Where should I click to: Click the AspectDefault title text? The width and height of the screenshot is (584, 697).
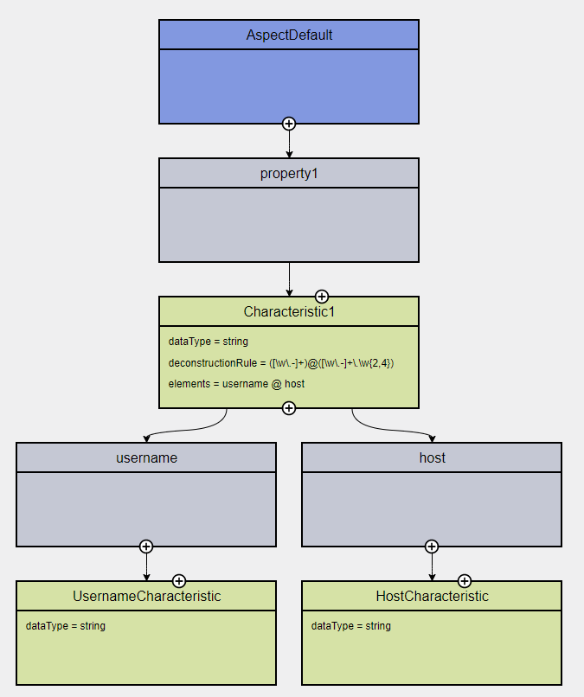pyautogui.click(x=289, y=35)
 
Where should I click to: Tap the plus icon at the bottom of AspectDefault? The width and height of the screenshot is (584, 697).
pyautogui.click(x=289, y=124)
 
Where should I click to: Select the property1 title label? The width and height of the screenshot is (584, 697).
pyautogui.click(x=289, y=173)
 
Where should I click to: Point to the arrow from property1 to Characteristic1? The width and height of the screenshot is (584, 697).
pyautogui.click(x=289, y=278)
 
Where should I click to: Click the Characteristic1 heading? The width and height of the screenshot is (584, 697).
pyautogui.click(x=289, y=311)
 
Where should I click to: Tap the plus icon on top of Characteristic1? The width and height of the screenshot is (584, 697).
pyautogui.click(x=322, y=296)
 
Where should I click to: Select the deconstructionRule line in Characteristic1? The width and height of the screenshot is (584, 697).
pyautogui.click(x=281, y=363)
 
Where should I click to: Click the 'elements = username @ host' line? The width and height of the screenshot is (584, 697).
pyautogui.click(x=236, y=384)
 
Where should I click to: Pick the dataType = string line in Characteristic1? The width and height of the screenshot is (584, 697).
pyautogui.click(x=209, y=342)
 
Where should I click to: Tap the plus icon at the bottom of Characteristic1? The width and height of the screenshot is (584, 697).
pyautogui.click(x=289, y=408)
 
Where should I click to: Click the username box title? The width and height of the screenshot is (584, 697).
pyautogui.click(x=146, y=457)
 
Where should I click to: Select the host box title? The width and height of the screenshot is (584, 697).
pyautogui.click(x=432, y=457)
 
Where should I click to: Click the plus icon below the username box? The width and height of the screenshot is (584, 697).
pyautogui.click(x=146, y=547)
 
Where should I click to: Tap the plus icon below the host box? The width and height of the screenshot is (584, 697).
pyautogui.click(x=432, y=547)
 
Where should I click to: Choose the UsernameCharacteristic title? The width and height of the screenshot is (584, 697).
pyautogui.click(x=146, y=596)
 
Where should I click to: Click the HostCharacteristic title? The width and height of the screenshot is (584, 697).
pyautogui.click(x=432, y=596)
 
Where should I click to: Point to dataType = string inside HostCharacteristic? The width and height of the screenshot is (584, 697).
pyautogui.click(x=351, y=626)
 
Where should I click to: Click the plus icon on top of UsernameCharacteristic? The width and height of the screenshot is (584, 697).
pyautogui.click(x=179, y=580)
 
